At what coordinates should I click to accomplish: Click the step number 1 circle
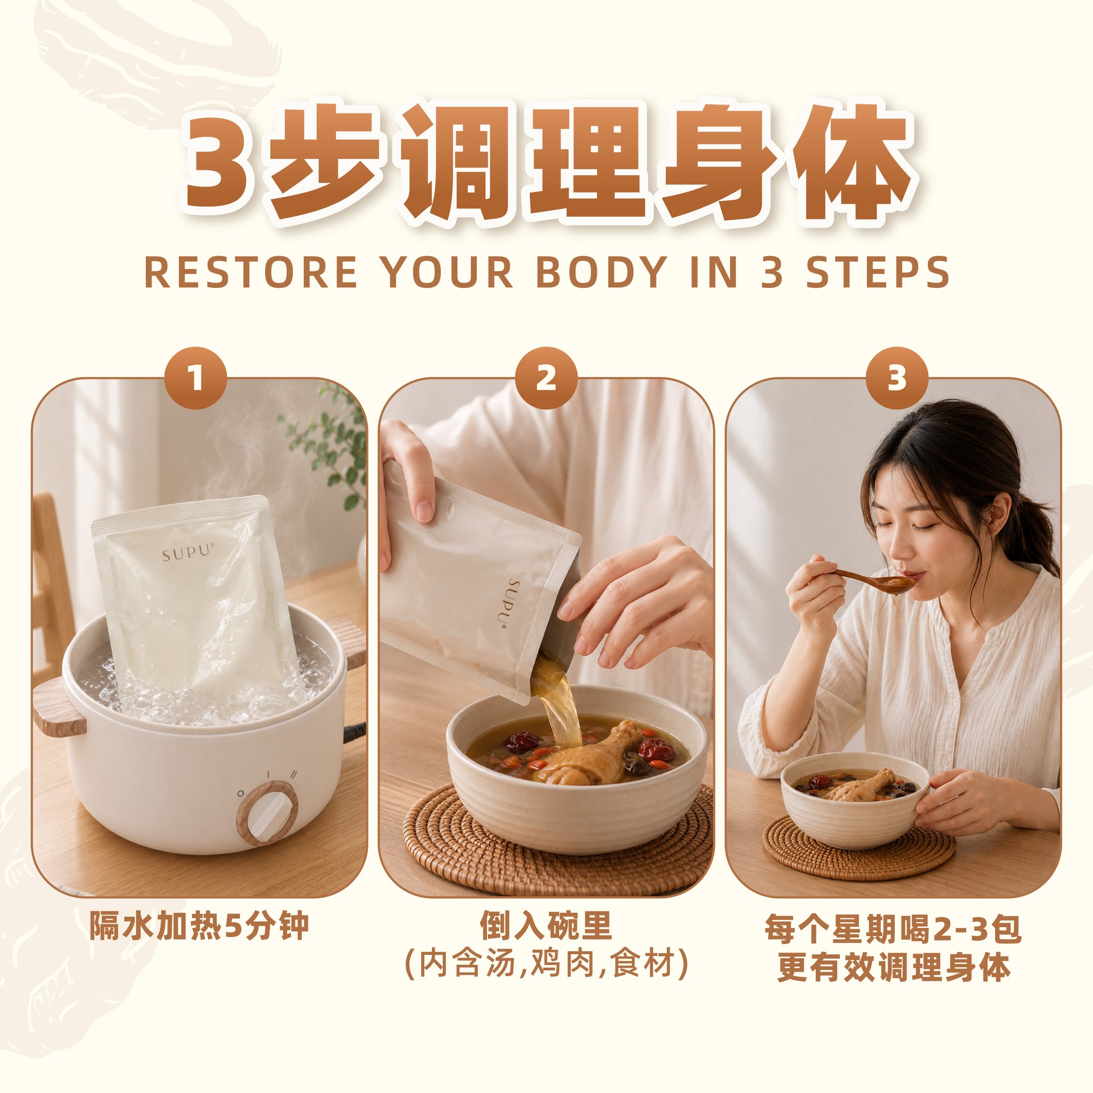tap(195, 378)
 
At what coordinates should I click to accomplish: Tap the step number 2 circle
tap(546, 378)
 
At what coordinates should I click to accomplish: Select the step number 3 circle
tap(897, 378)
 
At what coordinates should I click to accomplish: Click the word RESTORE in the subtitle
tap(251, 272)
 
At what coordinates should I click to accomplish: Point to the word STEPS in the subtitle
tap(877, 272)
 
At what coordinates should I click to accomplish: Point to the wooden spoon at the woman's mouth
tap(871, 580)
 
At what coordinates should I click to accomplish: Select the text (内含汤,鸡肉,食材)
tap(546, 963)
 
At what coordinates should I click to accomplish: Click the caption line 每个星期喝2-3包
tap(893, 928)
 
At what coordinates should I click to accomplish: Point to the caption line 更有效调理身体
tap(894, 967)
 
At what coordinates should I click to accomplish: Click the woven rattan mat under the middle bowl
tap(557, 849)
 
